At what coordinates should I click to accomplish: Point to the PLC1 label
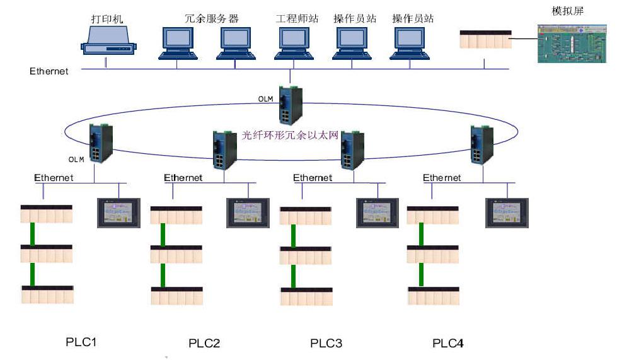click(82, 342)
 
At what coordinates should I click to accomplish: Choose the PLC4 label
click(448, 343)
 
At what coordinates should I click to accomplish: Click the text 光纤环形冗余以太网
click(291, 135)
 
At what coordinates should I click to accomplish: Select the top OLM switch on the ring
click(291, 105)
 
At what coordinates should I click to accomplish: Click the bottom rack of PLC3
click(306, 297)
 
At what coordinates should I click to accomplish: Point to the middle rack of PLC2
click(176, 255)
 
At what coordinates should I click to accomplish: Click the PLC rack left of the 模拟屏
click(485, 40)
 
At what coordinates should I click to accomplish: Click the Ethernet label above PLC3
click(313, 178)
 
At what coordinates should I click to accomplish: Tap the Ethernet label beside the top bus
click(49, 71)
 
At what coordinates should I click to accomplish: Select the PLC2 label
click(204, 344)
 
